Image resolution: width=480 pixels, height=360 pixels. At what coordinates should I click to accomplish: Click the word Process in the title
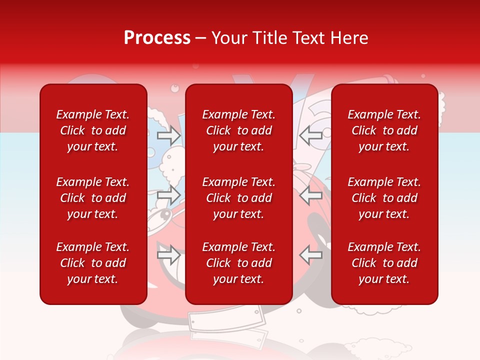(x=157, y=38)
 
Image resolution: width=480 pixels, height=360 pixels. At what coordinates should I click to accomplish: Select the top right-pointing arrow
(x=169, y=135)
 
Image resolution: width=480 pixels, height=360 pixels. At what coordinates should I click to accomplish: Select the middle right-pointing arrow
(x=169, y=194)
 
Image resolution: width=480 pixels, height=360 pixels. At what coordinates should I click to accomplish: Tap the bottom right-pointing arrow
(x=169, y=254)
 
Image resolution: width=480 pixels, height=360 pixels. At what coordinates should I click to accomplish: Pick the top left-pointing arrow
(x=310, y=135)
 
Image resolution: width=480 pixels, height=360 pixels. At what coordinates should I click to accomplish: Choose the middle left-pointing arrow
(x=310, y=194)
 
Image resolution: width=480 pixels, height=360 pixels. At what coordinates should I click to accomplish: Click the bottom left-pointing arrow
(x=310, y=254)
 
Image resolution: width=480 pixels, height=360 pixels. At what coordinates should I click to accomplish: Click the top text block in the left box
(x=92, y=130)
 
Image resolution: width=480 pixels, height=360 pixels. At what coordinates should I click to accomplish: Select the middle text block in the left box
(x=92, y=198)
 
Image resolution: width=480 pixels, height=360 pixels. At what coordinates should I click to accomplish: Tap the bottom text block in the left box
(x=92, y=263)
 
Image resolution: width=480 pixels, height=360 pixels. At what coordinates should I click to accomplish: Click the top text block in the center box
(x=238, y=130)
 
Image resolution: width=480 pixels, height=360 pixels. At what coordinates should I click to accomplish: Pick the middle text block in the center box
(x=238, y=198)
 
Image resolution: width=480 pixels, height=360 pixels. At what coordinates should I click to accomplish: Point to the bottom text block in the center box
(x=238, y=263)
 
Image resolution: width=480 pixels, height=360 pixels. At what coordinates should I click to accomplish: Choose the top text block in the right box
(x=384, y=130)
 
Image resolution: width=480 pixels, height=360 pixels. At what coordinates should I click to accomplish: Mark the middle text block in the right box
(x=384, y=198)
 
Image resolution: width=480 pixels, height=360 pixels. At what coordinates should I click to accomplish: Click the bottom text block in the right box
(x=384, y=263)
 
